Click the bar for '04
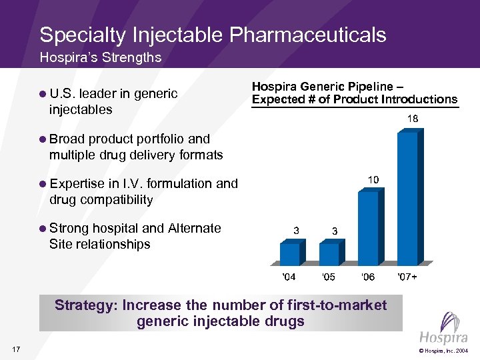pyautogui.click(x=290, y=253)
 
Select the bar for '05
pyautogui.click(x=329, y=253)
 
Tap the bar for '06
pyautogui.click(x=368, y=227)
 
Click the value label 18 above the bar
pyautogui.click(x=413, y=119)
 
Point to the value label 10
pyautogui.click(x=374, y=180)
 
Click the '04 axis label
pyautogui.click(x=289, y=277)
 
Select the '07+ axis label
pyautogui.click(x=407, y=277)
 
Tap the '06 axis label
pyautogui.click(x=368, y=277)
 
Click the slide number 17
pyautogui.click(x=16, y=349)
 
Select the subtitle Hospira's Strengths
pyautogui.click(x=100, y=57)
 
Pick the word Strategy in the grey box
pyautogui.click(x=84, y=305)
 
